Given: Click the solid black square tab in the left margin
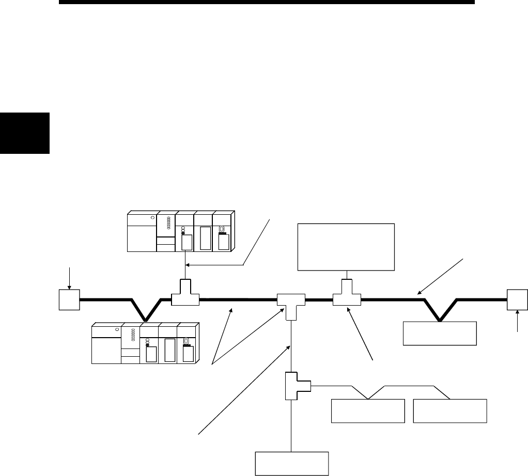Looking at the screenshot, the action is [24, 133].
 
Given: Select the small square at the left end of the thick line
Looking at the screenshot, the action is [69, 299].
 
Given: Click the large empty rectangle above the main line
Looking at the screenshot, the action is [346, 247].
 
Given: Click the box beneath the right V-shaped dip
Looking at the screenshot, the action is [440, 333].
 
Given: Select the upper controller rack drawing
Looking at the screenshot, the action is [180, 231].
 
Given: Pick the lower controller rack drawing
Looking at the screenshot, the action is [145, 344].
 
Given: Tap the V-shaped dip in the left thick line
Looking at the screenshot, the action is [147, 310].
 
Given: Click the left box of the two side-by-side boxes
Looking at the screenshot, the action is [367, 410].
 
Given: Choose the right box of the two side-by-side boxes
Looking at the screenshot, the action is [450, 410].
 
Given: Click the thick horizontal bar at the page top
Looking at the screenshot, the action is [267, 3].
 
